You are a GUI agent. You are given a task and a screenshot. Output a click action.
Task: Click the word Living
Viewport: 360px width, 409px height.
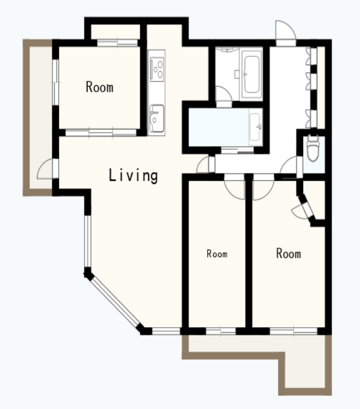click(133, 175)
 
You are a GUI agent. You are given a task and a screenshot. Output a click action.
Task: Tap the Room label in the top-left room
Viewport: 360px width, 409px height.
click(99, 87)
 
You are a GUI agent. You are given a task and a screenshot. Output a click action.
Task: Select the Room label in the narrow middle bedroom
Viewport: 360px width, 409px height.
click(217, 254)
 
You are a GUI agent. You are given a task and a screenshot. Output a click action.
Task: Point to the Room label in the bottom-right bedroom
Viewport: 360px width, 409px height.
click(289, 253)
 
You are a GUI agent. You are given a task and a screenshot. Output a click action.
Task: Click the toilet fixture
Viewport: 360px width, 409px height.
click(313, 148)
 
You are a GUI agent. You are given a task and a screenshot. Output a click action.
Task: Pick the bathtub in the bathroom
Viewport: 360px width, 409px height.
click(252, 75)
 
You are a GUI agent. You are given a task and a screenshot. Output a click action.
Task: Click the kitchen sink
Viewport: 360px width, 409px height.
click(157, 119)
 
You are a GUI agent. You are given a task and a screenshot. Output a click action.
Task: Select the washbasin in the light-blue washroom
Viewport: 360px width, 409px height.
click(255, 127)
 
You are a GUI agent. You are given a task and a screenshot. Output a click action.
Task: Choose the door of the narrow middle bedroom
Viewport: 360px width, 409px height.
click(235, 187)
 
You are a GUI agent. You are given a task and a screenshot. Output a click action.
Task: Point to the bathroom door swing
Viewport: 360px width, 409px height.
click(224, 97)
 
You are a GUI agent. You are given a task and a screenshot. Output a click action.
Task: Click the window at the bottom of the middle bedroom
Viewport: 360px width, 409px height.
click(221, 331)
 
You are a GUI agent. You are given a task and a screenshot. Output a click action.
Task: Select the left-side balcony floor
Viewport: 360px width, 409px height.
click(41, 117)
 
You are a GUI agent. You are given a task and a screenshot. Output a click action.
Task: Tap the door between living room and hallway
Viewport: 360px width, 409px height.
click(205, 165)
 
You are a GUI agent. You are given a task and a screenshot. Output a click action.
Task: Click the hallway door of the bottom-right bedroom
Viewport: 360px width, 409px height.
click(263, 187)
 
